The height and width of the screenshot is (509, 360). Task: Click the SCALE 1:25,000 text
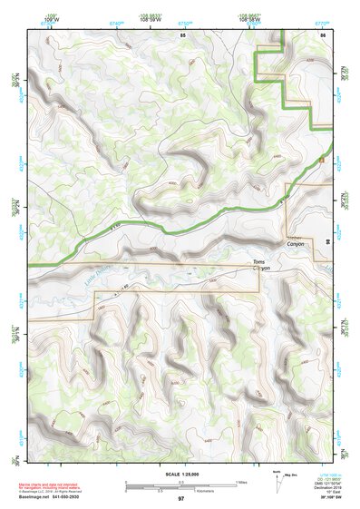tap(180, 474)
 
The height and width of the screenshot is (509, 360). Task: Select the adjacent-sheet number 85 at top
tap(183, 34)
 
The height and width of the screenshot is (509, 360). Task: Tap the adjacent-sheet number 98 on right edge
tap(326, 242)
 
